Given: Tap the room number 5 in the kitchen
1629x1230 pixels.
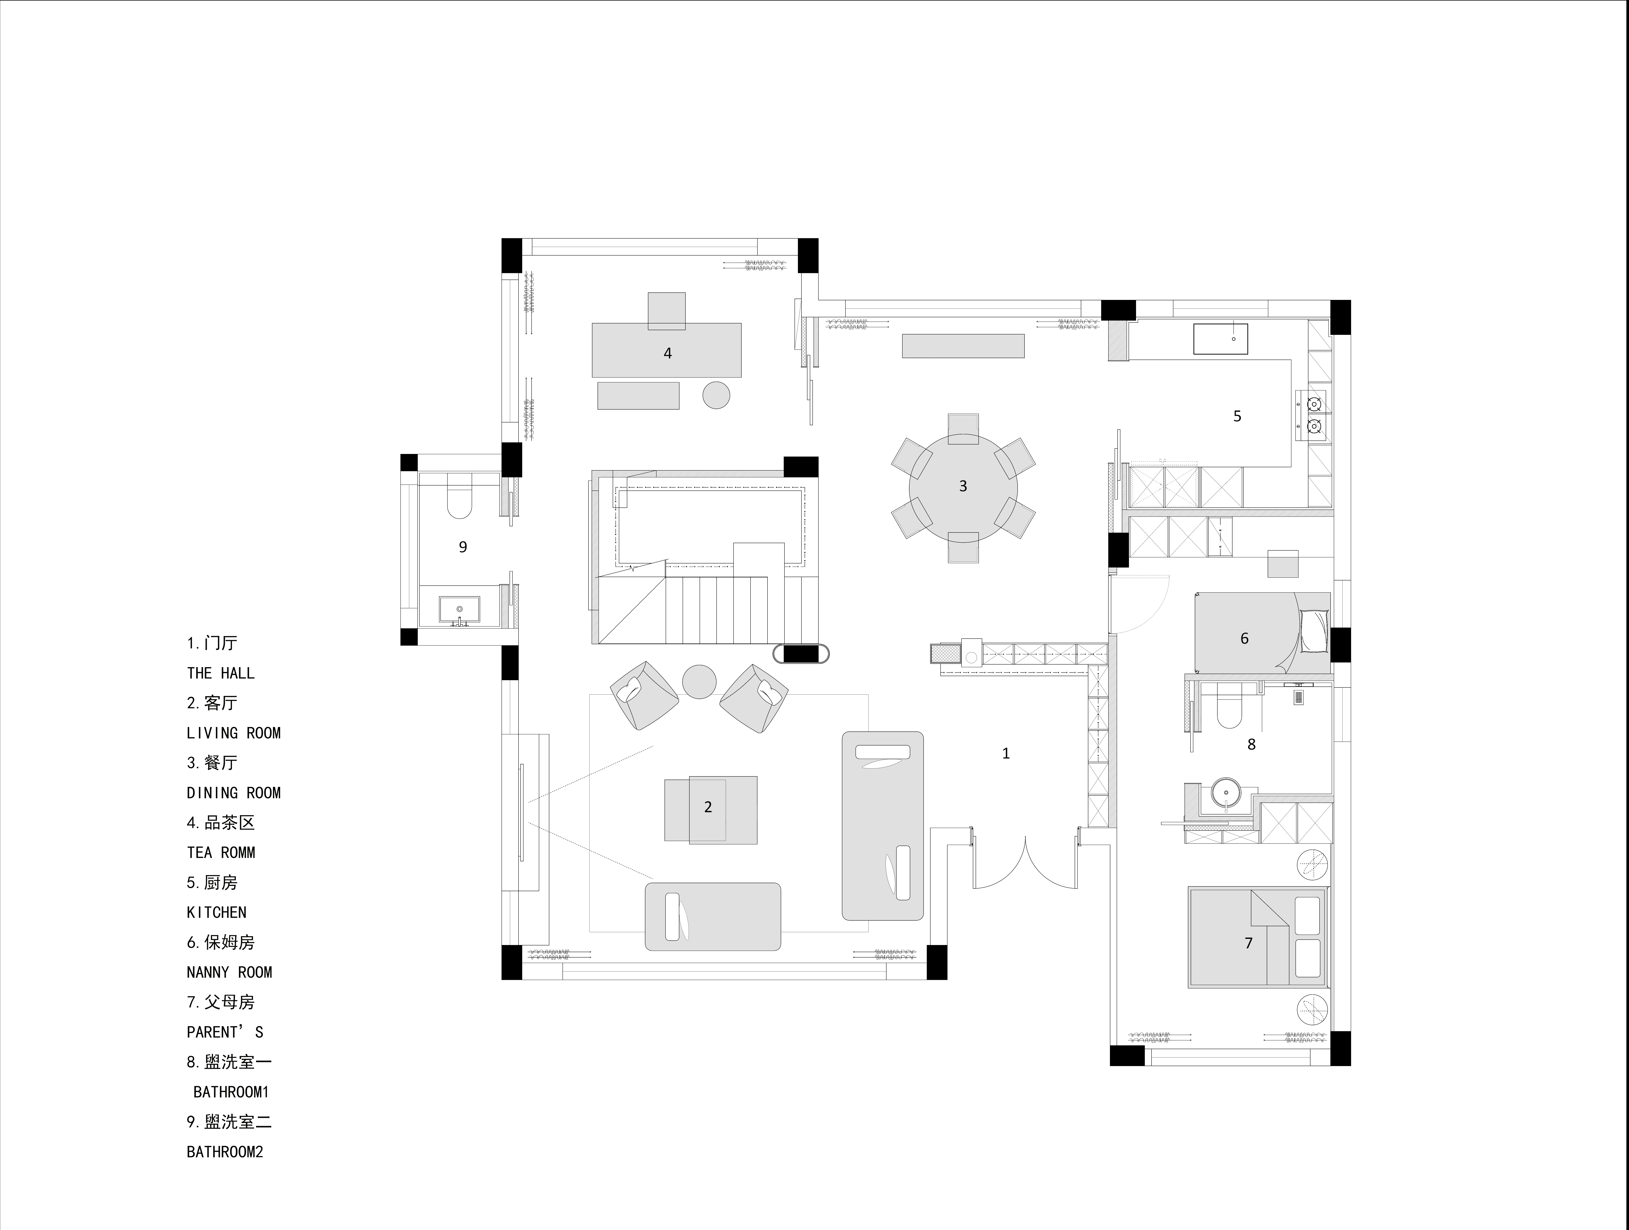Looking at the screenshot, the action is pos(1237,416).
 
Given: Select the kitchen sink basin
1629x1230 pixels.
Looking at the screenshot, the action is pos(1220,339).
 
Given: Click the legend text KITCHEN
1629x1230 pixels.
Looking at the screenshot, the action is pos(217,913).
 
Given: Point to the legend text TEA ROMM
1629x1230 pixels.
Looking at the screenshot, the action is pos(221,853).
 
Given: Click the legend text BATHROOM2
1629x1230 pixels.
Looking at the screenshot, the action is pos(225,1152).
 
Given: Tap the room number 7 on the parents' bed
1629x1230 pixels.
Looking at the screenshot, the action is pos(1248,943).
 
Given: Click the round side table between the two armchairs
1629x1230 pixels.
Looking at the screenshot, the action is pos(699,681).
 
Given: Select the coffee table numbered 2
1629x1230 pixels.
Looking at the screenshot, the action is pos(711,809).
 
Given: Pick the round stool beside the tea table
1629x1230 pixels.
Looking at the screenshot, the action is pos(716,396).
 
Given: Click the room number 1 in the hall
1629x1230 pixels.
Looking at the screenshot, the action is pos(1006,753).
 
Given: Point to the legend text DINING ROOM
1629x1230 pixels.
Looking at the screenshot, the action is pos(234,793).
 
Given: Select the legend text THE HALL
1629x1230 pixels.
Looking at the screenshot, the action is pos(221,673).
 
